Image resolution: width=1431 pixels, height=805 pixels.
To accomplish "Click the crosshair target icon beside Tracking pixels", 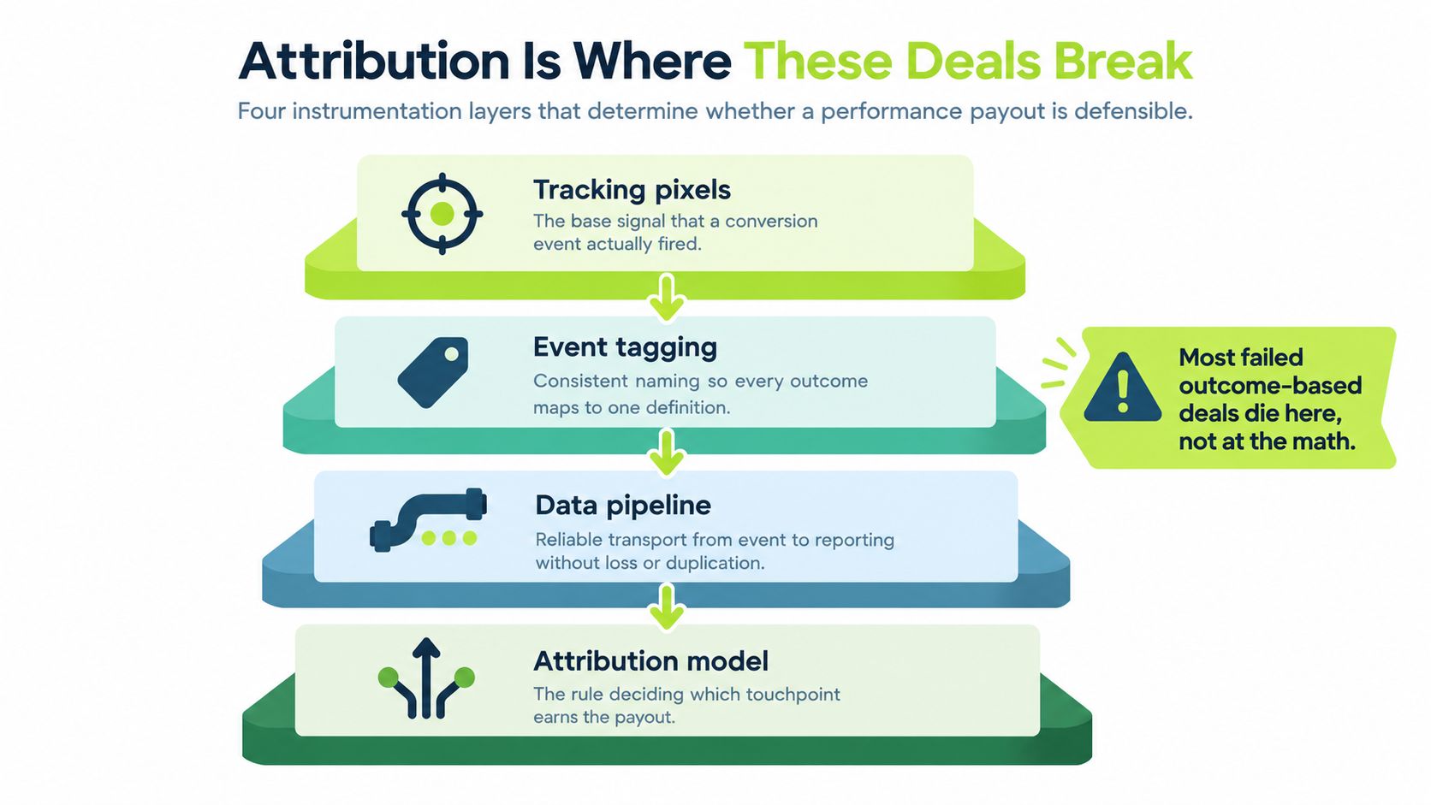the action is point(442,214).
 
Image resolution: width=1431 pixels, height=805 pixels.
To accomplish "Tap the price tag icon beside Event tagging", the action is point(432,372).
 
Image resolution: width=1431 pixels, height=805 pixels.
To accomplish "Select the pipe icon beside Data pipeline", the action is point(428,519).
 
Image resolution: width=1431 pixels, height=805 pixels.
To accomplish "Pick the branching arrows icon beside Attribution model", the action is point(426,678).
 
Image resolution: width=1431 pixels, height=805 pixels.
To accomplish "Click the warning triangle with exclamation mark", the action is point(1122,387).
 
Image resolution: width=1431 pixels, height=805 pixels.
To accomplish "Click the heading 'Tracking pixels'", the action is point(632,190).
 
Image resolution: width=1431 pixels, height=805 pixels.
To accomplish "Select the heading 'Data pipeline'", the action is point(623,506).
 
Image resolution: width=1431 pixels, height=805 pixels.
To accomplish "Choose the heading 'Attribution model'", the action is point(650,660).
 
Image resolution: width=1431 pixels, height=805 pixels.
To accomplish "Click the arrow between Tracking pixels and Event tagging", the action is point(667,298).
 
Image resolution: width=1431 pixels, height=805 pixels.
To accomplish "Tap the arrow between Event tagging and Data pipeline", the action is point(667,453).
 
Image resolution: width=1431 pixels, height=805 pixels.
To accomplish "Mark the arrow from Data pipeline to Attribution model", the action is point(667,607).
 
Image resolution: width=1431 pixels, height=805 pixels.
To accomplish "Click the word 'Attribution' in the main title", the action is point(373,61).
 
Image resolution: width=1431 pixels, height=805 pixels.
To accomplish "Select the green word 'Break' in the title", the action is point(1122,61).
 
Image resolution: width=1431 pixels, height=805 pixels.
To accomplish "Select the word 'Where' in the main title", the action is point(651,61).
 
